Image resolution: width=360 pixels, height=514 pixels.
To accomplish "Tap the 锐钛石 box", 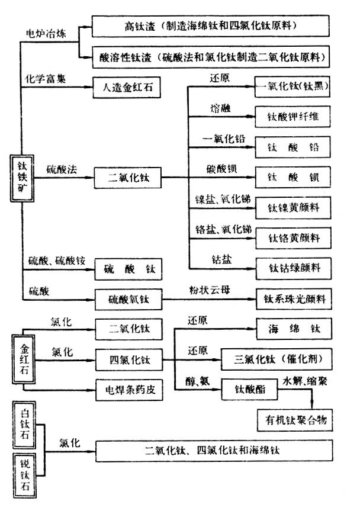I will (x=23, y=470).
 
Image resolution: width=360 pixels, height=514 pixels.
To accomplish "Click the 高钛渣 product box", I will (x=211, y=26).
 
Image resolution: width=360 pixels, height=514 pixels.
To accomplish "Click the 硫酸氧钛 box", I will (x=128, y=300).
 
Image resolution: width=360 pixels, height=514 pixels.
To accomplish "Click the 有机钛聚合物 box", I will (x=292, y=420).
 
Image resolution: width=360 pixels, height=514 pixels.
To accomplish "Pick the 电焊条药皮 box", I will (x=128, y=390).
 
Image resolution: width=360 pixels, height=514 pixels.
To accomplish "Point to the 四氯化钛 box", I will (x=128, y=359).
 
